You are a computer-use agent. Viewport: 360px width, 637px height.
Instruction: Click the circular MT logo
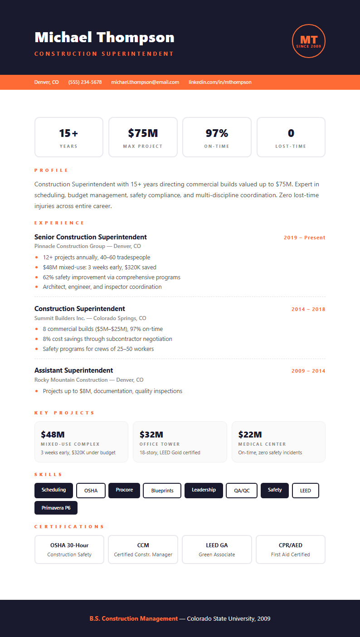[x=309, y=41]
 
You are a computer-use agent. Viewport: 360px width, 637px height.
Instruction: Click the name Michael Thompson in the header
[x=104, y=37]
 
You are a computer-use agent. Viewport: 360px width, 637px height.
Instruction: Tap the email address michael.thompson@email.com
[x=145, y=82]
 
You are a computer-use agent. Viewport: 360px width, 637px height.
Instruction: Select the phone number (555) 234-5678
[x=85, y=82]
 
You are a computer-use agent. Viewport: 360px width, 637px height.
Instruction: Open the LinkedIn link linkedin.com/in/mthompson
[x=220, y=82]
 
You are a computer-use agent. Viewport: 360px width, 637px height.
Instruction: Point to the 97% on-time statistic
[x=217, y=133]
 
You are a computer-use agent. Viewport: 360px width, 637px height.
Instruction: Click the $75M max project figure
[x=143, y=133]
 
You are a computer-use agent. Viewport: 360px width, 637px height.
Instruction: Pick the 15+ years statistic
[x=68, y=133]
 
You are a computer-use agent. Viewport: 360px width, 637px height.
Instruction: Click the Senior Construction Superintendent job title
[x=91, y=237]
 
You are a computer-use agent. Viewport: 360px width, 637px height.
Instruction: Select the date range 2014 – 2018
[x=308, y=309]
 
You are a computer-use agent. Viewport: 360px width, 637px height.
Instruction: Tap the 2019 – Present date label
[x=304, y=238]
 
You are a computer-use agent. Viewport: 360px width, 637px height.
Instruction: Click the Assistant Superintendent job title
[x=73, y=370]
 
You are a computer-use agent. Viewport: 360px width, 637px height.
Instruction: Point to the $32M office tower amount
[x=151, y=435]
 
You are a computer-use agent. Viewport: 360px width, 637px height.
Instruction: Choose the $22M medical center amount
[x=250, y=435]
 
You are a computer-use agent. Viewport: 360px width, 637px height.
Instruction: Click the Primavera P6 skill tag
[x=56, y=508]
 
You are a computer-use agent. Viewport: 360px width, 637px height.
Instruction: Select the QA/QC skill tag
[x=242, y=491]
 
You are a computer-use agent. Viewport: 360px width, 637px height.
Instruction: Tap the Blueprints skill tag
[x=162, y=491]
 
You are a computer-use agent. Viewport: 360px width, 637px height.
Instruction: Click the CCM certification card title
[x=143, y=545]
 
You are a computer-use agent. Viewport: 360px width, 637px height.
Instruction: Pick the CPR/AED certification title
[x=291, y=545]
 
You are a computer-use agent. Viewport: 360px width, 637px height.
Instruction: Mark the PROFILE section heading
[x=51, y=170]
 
